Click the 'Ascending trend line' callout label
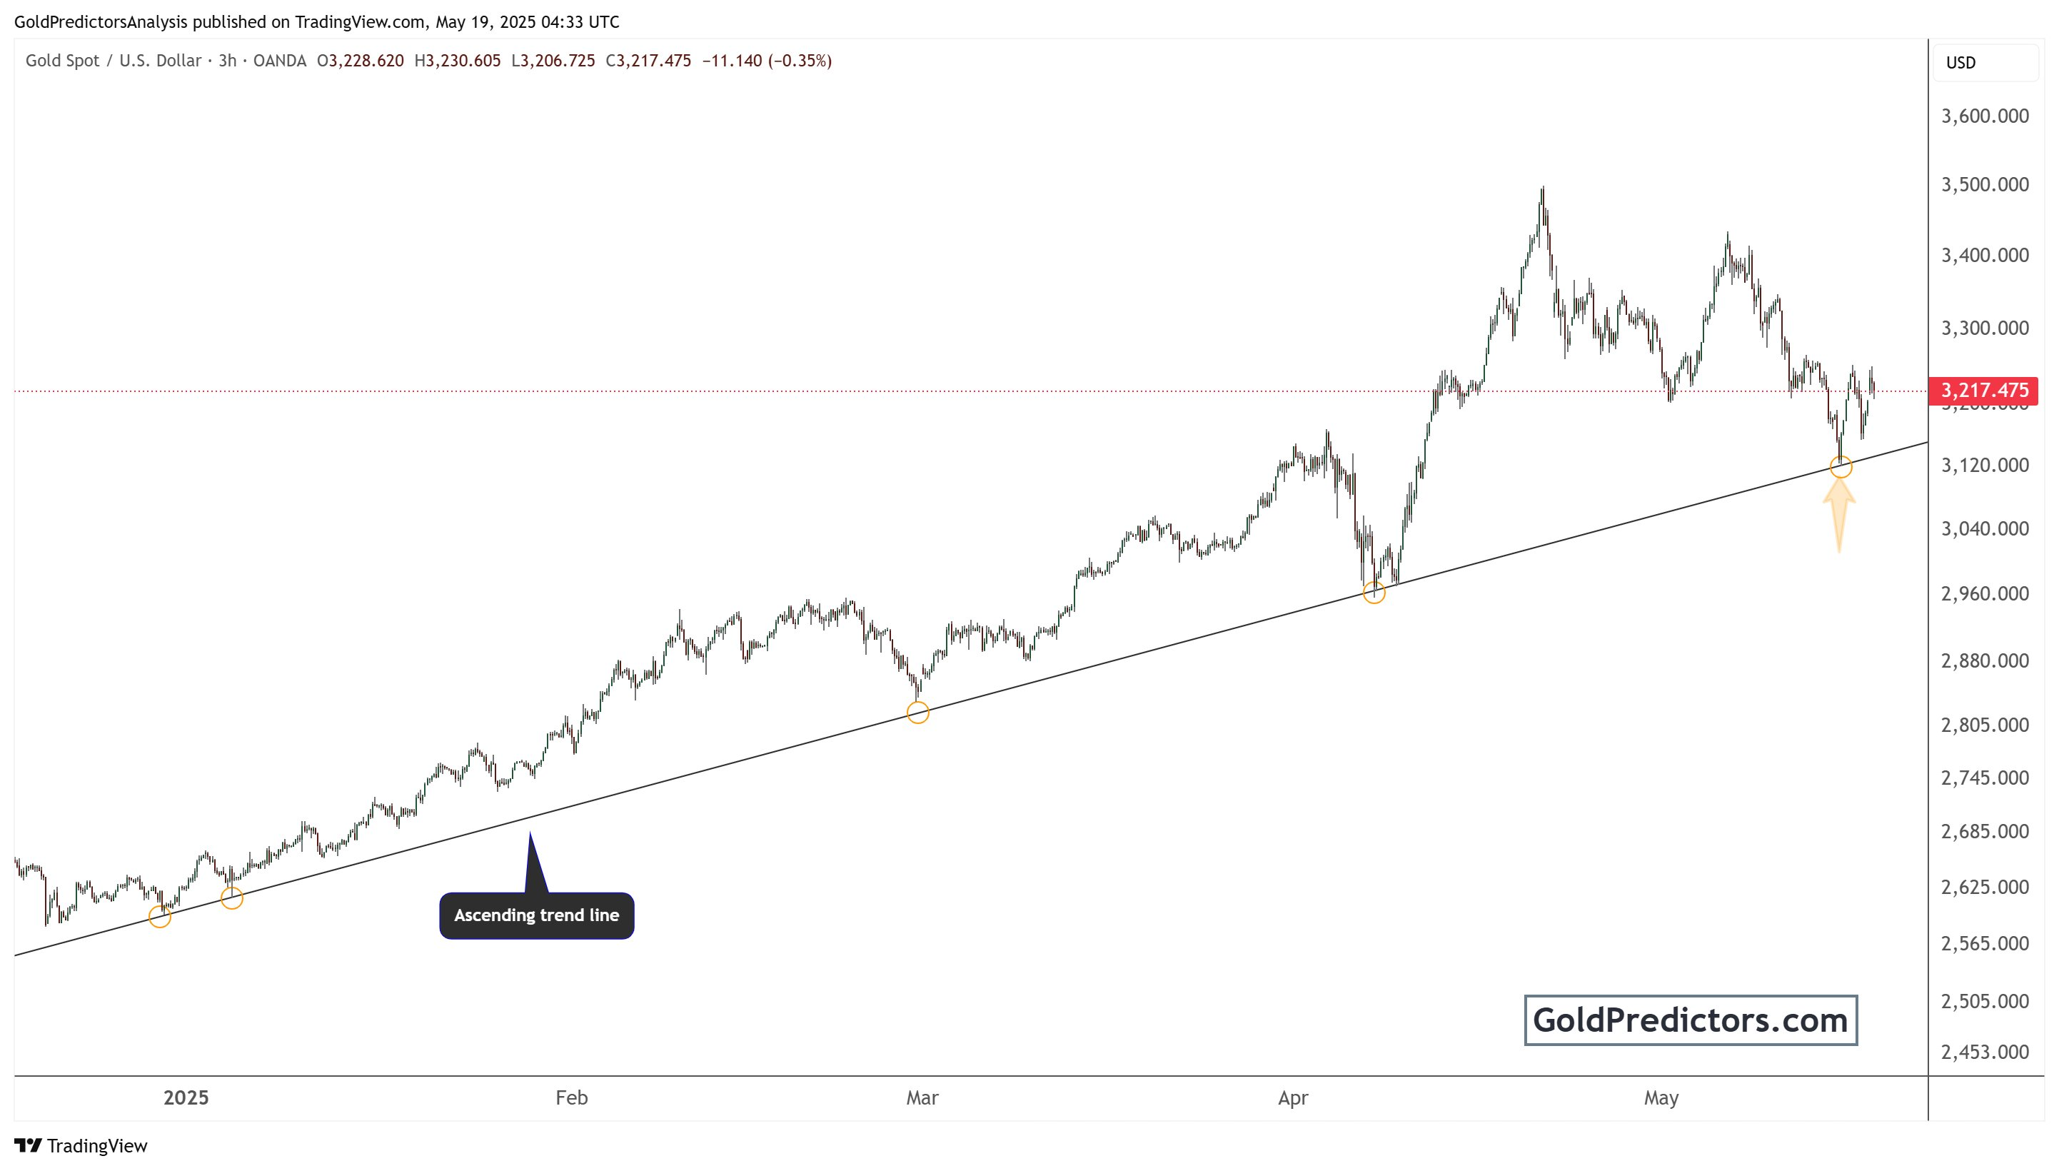pyautogui.click(x=536, y=915)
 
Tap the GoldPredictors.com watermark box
pyautogui.click(x=1690, y=1020)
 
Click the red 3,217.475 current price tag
pyautogui.click(x=1983, y=391)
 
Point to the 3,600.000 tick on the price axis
pyautogui.click(x=1984, y=116)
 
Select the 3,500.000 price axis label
pyautogui.click(x=1984, y=184)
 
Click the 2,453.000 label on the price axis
pyautogui.click(x=1984, y=1052)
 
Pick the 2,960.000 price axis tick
pyautogui.click(x=1984, y=593)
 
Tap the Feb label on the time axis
pyautogui.click(x=572, y=1098)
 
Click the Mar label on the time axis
pyautogui.click(x=922, y=1098)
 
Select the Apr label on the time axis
pyautogui.click(x=1293, y=1098)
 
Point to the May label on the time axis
pyautogui.click(x=1661, y=1098)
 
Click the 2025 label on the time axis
pyautogui.click(x=186, y=1098)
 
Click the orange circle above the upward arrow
pyautogui.click(x=1841, y=466)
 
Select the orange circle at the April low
pyautogui.click(x=1374, y=593)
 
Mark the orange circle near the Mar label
pyautogui.click(x=917, y=713)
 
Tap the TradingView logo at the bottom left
pyautogui.click(x=81, y=1146)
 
